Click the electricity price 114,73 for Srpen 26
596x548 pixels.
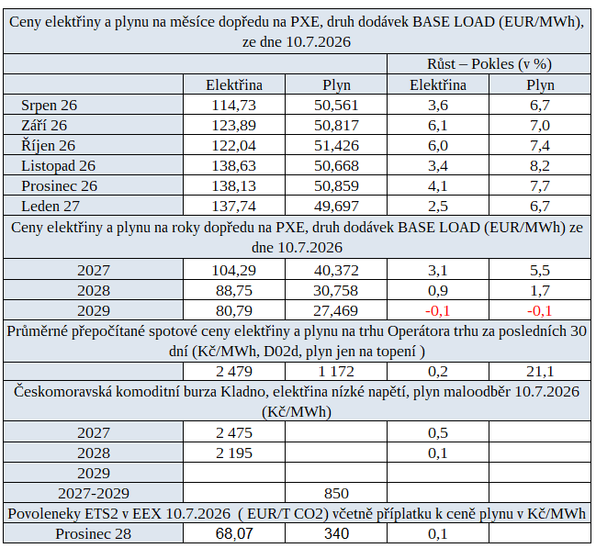pos(234,105)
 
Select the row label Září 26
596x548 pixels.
pos(44,125)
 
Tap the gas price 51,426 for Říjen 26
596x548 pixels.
pos(336,146)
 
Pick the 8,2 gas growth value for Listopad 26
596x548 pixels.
pos(540,166)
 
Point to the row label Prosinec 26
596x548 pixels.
pos(60,185)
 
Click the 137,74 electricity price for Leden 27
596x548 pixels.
pos(234,206)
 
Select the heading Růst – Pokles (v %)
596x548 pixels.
pos(489,64)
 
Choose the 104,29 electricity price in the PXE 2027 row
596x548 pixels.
pos(234,270)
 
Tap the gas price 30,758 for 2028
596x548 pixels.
pos(335,290)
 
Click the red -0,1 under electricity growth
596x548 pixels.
pos(438,311)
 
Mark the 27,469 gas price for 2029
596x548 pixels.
pos(335,311)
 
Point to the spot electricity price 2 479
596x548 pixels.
pos(234,371)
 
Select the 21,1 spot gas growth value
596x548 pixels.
pos(540,371)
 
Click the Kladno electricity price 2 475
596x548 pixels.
pos(234,433)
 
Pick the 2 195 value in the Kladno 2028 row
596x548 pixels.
pos(234,453)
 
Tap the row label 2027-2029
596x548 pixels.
pos(94,493)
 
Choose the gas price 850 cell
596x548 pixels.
pos(336,493)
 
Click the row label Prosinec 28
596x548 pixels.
pos(94,533)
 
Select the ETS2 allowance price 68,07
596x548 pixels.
pos(234,533)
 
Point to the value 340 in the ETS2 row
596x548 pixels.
pos(336,533)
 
